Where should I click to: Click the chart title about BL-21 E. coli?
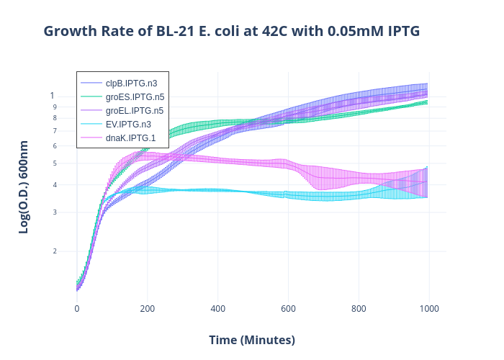231,32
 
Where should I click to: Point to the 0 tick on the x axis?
77,309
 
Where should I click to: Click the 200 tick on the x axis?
147,309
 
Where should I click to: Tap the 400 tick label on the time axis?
217,309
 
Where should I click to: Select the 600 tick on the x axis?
288,309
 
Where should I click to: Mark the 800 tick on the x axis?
359,309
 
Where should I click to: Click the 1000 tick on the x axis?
429,309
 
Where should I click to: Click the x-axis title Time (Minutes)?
252,340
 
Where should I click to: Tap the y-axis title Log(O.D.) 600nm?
24,187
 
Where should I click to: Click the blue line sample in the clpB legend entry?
91,84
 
